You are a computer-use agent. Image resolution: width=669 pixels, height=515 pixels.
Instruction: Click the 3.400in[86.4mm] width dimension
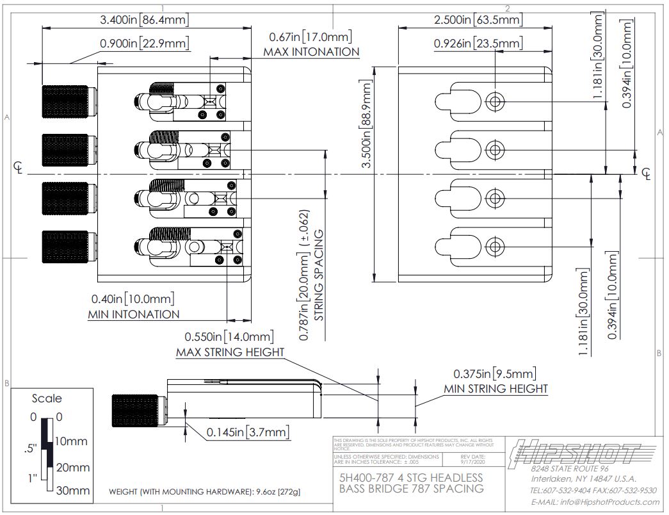(x=145, y=20)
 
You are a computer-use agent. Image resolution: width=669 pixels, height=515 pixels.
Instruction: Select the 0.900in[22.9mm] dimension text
(x=145, y=44)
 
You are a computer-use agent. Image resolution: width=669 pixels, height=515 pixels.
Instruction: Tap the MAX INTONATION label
(x=311, y=52)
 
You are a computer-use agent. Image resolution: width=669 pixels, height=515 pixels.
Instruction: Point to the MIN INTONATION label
(x=133, y=315)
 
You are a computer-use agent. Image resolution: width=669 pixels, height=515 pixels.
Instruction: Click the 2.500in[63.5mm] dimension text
(x=478, y=20)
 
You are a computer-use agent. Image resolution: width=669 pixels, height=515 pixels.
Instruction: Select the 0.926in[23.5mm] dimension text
(x=478, y=44)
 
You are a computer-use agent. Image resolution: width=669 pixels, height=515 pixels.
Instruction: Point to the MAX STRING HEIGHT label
(x=230, y=352)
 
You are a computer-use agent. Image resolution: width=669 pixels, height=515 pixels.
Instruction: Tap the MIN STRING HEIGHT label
(x=496, y=389)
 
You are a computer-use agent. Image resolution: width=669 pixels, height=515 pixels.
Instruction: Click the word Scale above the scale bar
(x=47, y=398)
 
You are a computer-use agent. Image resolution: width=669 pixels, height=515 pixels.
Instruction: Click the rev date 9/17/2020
(x=475, y=460)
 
